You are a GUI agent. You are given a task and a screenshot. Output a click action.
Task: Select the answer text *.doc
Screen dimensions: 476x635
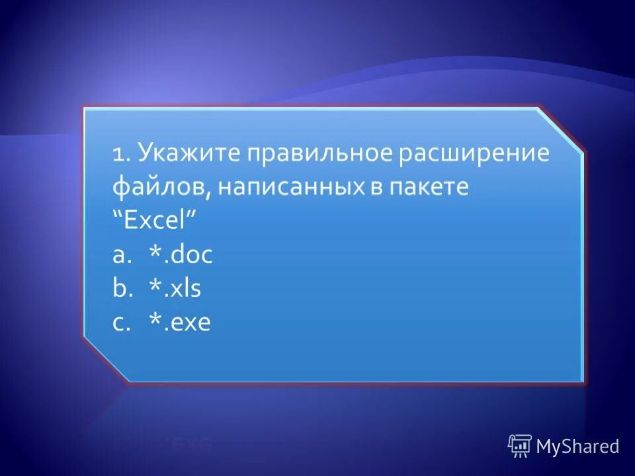(180, 255)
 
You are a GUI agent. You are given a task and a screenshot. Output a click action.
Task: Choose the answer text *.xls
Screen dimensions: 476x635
(175, 289)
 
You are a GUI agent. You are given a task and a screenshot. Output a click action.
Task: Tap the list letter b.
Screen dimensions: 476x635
(120, 289)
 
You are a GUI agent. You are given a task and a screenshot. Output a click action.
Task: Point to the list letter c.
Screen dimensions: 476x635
(119, 323)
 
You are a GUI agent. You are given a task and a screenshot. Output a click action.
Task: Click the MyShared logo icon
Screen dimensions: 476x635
(520, 446)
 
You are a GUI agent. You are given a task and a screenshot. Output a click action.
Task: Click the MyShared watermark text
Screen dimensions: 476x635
(577, 446)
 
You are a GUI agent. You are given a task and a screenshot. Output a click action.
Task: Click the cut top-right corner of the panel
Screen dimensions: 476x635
(561, 131)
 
